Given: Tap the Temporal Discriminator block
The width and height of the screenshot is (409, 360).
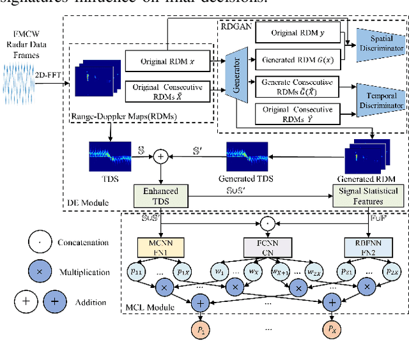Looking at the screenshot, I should [x=381, y=99].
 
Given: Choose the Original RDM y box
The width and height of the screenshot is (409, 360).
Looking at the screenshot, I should [x=297, y=33].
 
